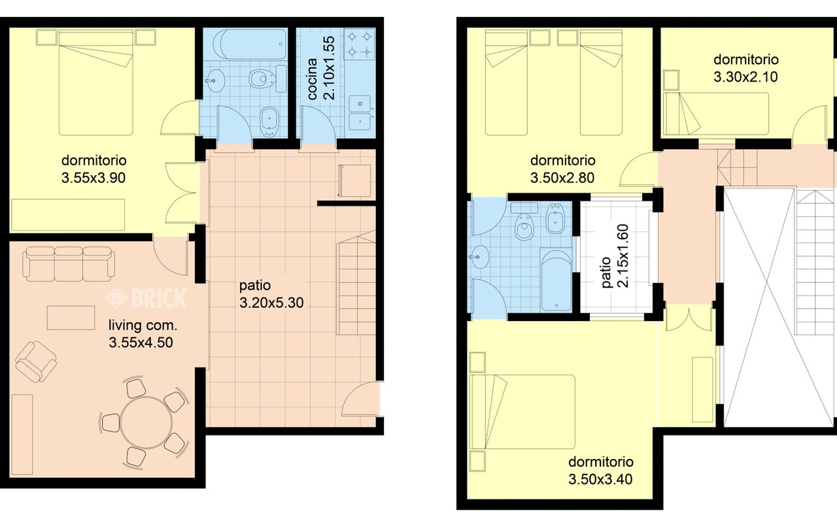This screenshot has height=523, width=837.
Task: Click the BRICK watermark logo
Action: point(146,297)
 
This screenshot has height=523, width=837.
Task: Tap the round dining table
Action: point(146,422)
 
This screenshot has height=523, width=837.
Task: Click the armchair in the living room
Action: point(36,362)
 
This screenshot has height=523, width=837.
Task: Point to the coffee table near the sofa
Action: point(71,318)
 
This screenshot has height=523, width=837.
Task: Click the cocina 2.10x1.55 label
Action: point(321,68)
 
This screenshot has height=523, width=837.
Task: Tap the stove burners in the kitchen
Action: point(360,44)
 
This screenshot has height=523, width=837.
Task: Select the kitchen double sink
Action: point(360,112)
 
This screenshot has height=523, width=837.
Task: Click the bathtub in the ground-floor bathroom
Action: point(250,44)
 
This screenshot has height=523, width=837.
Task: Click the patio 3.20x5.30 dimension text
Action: point(271,294)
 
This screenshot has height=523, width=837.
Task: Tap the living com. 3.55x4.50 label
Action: point(143,334)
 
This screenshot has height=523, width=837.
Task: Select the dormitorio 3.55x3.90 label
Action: point(94,169)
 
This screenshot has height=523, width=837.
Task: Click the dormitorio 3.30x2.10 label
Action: point(746,69)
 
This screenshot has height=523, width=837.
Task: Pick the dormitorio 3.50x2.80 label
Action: point(563,169)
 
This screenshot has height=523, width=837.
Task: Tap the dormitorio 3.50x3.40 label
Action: point(601,471)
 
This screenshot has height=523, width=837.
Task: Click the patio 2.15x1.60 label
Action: point(615,256)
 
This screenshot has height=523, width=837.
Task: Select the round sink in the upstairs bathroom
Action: point(479,257)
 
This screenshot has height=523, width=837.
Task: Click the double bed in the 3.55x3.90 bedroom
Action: point(96,83)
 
